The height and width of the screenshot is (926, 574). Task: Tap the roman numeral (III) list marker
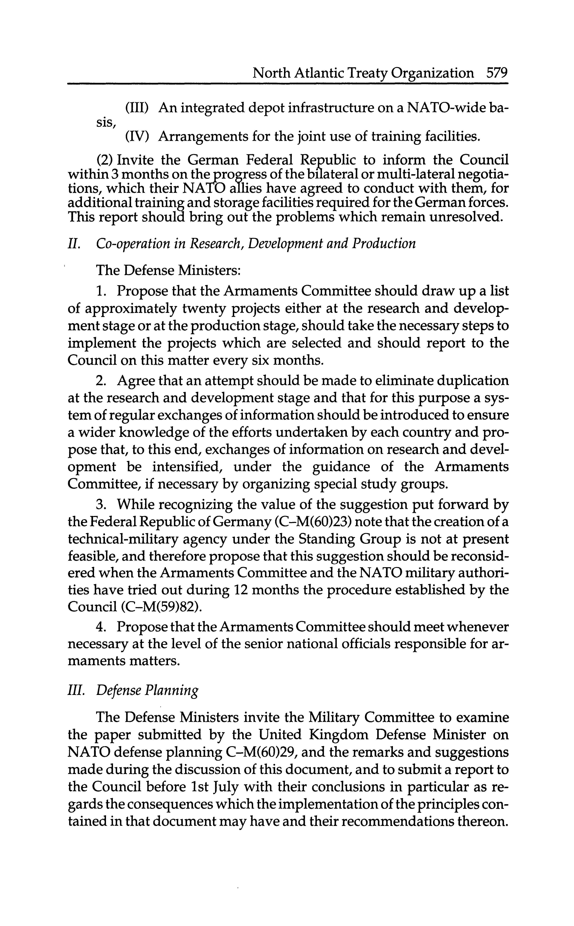click(136, 109)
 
